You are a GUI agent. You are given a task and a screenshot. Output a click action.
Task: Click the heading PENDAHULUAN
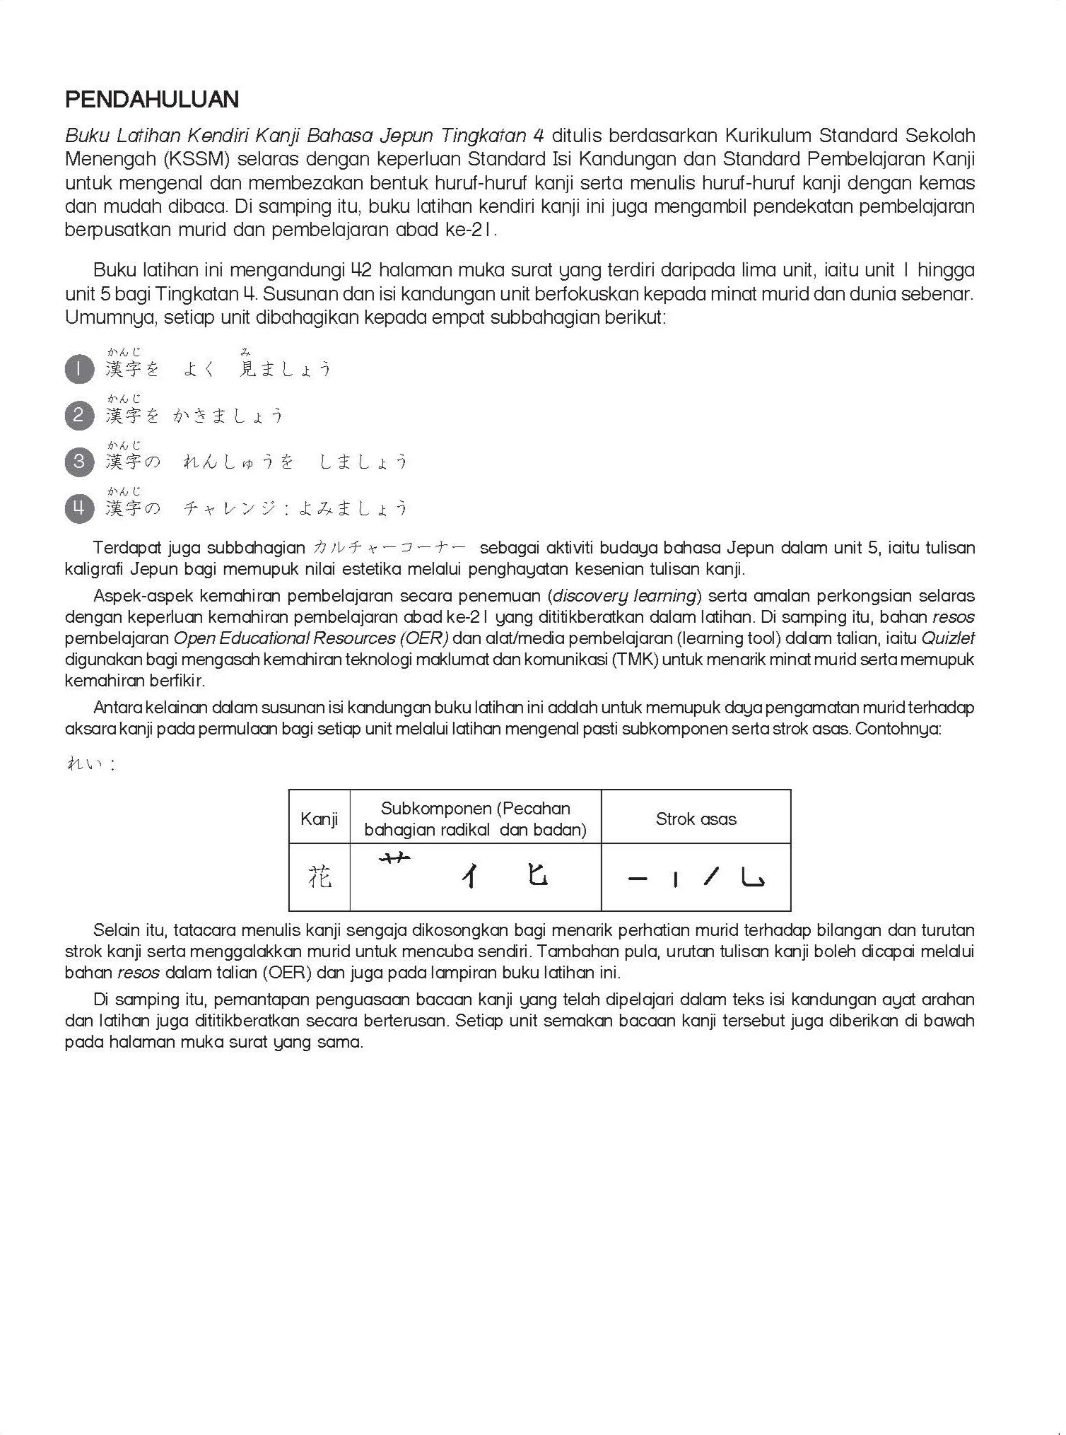point(152,100)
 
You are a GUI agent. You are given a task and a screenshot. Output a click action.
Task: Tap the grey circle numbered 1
point(78,369)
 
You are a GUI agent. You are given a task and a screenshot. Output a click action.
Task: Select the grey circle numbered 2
point(78,415)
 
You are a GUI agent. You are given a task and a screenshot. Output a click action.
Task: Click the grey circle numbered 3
point(78,462)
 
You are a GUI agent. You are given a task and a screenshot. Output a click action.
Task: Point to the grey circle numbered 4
point(78,508)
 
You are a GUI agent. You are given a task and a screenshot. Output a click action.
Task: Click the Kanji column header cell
point(319,819)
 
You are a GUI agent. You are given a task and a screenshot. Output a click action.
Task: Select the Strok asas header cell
point(696,819)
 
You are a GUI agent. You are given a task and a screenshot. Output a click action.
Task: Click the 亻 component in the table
point(469,877)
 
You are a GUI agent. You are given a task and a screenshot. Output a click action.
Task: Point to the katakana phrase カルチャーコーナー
point(389,548)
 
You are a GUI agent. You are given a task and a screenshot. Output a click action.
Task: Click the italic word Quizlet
point(948,638)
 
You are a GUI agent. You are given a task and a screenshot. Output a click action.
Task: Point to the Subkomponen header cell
point(475,819)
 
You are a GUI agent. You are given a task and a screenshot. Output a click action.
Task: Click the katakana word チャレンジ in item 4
point(233,508)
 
